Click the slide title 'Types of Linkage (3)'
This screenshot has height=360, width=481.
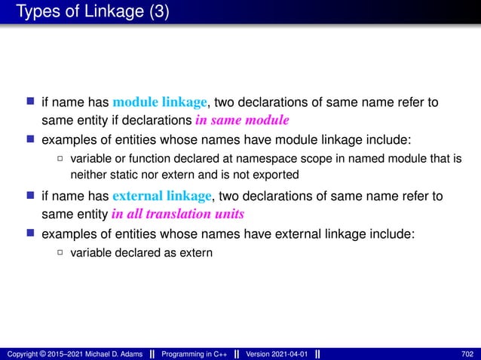point(89,13)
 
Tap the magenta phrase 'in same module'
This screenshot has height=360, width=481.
point(243,120)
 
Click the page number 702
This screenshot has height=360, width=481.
point(467,354)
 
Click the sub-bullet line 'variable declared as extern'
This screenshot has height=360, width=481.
point(141,252)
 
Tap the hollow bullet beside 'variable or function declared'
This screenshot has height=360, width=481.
point(60,158)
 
